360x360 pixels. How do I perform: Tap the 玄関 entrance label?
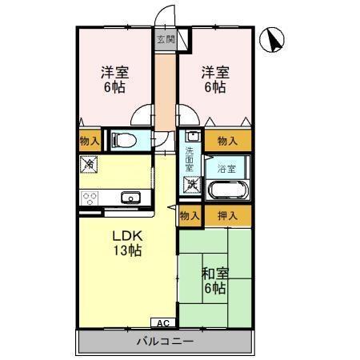[166, 39]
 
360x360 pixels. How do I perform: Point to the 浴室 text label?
[226, 168]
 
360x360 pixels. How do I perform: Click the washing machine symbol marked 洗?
[191, 186]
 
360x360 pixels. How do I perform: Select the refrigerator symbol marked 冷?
[89, 166]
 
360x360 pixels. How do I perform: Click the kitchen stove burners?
[89, 198]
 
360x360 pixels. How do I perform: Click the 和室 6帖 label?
[212, 281]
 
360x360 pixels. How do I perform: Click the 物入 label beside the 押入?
[190, 216]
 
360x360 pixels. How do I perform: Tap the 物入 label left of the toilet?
[90, 141]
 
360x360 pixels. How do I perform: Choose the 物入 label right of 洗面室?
[227, 141]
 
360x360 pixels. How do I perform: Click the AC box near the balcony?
[162, 323]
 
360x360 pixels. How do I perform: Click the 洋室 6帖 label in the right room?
[214, 78]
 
